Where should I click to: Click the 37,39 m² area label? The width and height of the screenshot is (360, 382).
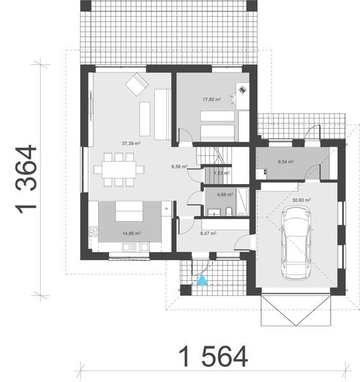pos(131,143)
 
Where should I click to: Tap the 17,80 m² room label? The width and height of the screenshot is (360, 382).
pos(212,99)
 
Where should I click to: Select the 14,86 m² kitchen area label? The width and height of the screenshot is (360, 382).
pos(131,234)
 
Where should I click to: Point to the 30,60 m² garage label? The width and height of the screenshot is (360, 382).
pos(301,200)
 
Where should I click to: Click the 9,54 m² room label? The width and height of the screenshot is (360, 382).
pos(285,162)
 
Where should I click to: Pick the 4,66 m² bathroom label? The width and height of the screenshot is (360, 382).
pos(225,195)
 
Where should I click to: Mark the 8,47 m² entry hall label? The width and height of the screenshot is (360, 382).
pos(208,234)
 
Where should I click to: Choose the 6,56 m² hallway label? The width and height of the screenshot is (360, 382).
pos(179,167)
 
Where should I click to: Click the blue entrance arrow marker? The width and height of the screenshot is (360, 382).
pos(201,279)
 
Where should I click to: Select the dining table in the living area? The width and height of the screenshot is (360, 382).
pos(119,169)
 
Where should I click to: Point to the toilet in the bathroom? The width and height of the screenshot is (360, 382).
pos(228,211)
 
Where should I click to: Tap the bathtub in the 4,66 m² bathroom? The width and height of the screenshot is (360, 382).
pos(243,202)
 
